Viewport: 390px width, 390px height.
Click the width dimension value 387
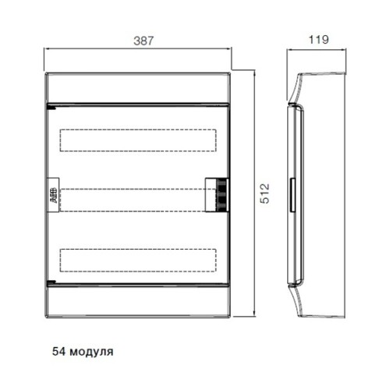coord(144,41)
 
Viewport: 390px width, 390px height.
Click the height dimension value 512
coord(265,193)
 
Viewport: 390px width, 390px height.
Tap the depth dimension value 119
coord(318,40)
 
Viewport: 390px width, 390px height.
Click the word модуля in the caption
coord(92,352)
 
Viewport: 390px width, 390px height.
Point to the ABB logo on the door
coord(54,195)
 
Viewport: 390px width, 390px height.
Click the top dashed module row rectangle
coord(138,140)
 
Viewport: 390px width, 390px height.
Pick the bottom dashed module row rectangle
coord(138,261)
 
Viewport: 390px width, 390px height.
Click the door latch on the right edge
coord(217,195)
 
